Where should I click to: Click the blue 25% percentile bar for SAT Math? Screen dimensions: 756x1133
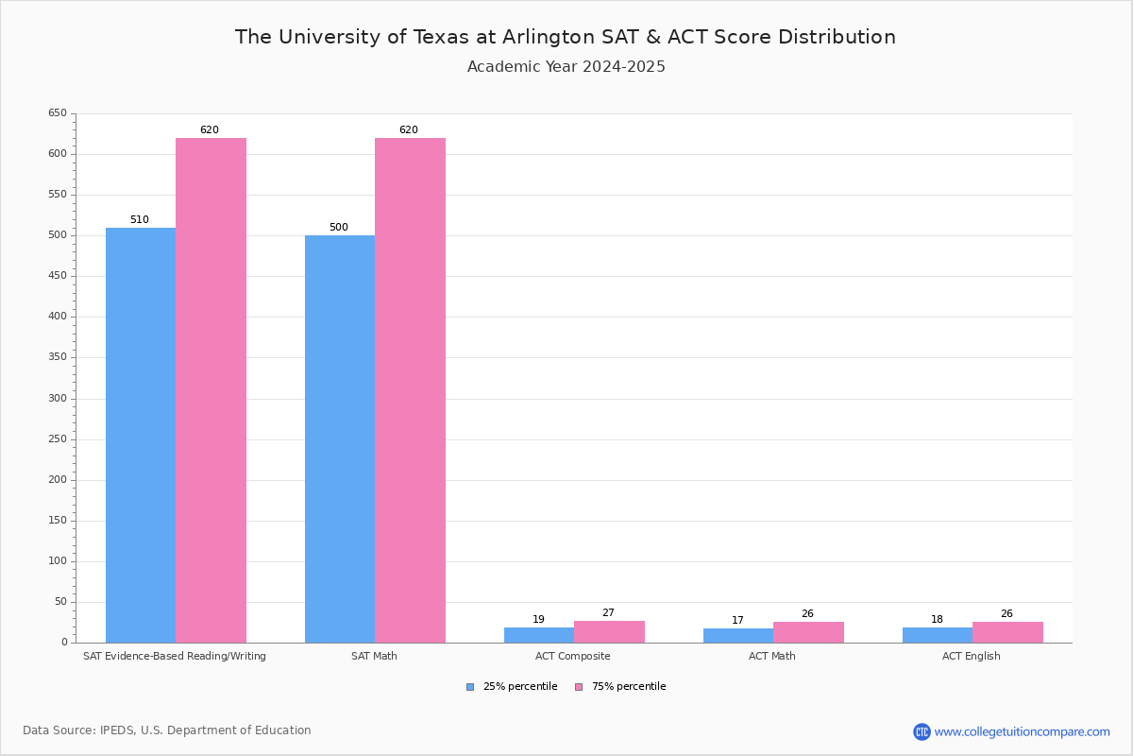click(340, 438)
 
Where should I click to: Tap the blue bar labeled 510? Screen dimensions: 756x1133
click(141, 435)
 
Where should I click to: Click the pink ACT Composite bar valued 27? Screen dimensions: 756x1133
click(609, 631)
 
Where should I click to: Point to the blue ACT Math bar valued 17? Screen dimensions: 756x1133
click(738, 635)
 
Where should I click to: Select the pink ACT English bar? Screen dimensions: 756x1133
click(1007, 632)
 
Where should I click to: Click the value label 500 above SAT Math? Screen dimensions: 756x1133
click(339, 228)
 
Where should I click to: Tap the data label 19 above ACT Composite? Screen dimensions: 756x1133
click(538, 620)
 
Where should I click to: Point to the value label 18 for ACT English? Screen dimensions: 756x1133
click(937, 620)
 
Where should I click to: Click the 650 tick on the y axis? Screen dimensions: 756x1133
click(58, 113)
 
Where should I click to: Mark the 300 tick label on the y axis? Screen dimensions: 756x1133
click(58, 398)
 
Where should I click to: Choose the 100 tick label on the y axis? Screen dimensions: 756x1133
click(58, 561)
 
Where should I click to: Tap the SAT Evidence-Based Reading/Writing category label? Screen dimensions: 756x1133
click(175, 656)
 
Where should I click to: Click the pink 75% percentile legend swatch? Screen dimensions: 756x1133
click(579, 687)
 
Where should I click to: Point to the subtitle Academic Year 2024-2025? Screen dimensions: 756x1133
click(566, 67)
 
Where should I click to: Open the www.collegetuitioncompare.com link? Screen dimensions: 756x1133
click(1022, 731)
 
